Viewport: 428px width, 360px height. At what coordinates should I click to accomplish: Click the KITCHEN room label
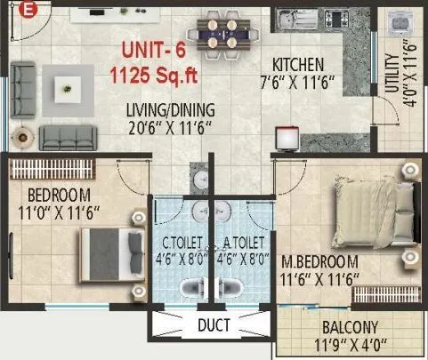pyautogui.click(x=298, y=65)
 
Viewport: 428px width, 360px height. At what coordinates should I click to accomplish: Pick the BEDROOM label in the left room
pyautogui.click(x=59, y=196)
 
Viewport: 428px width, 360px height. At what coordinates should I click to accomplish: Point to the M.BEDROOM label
pyautogui.click(x=319, y=262)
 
